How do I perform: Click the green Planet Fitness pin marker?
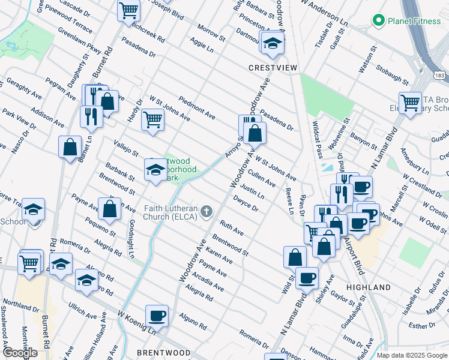point(378,22)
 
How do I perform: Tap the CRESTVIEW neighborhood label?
point(273,68)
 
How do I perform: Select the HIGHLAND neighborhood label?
point(369,288)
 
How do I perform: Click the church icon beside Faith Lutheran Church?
point(206,211)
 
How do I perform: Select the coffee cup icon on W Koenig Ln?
point(157,315)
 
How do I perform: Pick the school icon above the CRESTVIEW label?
point(272,43)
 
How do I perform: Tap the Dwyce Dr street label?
point(246,205)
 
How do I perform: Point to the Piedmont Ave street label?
point(197,107)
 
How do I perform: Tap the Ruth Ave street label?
point(232,228)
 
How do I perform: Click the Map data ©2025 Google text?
point(412,355)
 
